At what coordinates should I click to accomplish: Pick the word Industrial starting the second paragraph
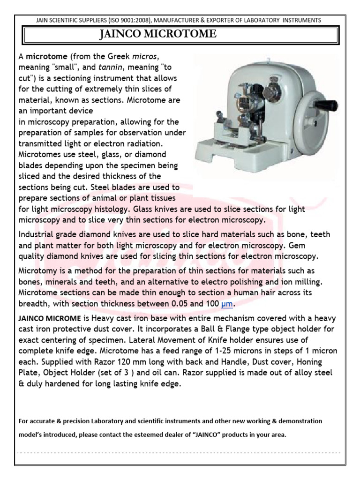37,234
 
